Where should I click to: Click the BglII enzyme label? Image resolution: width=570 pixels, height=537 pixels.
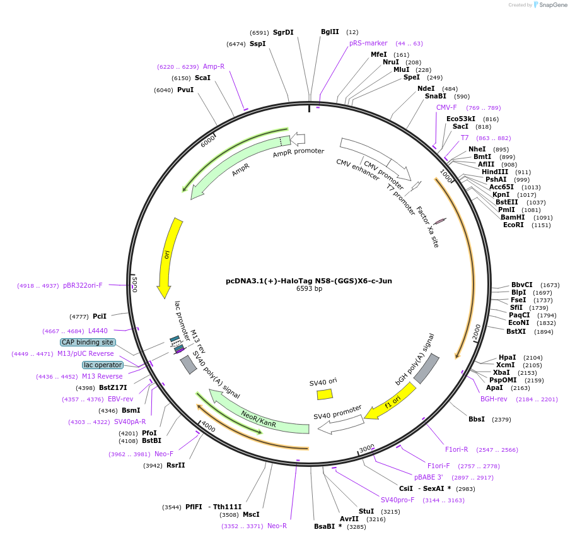click(330, 32)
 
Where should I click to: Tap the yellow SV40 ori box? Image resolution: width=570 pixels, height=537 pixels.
click(325, 394)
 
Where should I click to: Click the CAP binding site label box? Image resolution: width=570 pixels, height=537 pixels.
click(88, 342)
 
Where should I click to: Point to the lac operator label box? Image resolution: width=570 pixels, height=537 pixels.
click(102, 365)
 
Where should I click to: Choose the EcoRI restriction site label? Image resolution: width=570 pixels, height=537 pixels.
click(513, 225)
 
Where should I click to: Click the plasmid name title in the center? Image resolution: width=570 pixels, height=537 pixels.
click(309, 281)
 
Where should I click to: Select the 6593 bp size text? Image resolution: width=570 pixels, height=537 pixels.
click(309, 289)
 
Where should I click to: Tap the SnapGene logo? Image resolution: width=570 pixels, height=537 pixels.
click(550, 5)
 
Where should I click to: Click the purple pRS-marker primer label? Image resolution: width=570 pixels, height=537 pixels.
click(368, 44)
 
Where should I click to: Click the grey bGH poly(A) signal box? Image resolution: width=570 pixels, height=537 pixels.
click(426, 369)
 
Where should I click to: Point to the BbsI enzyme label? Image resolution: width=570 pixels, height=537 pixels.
click(477, 419)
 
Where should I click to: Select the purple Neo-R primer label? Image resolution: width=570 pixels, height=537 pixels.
click(277, 526)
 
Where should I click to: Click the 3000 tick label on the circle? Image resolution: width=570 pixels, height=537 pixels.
click(367, 449)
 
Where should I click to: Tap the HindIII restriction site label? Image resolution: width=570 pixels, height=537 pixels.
click(495, 172)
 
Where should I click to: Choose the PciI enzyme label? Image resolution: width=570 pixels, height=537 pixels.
click(100, 316)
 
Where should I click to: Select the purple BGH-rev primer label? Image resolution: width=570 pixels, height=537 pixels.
click(494, 399)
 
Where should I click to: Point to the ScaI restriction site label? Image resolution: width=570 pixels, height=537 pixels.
click(202, 78)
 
